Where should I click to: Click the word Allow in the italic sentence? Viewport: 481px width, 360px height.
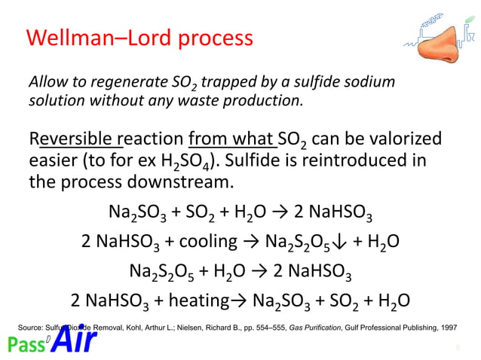pyautogui.click(x=45, y=81)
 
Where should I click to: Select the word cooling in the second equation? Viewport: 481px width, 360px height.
pyautogui.click(x=207, y=242)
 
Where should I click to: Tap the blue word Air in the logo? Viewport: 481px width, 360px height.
pyautogui.click(x=76, y=341)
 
